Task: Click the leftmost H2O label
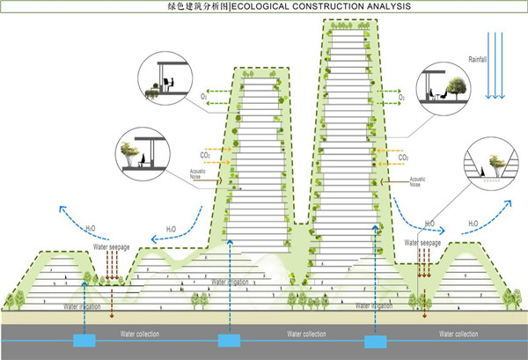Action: pyautogui.click(x=92, y=228)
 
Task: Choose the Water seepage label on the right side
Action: pyautogui.click(x=423, y=240)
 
